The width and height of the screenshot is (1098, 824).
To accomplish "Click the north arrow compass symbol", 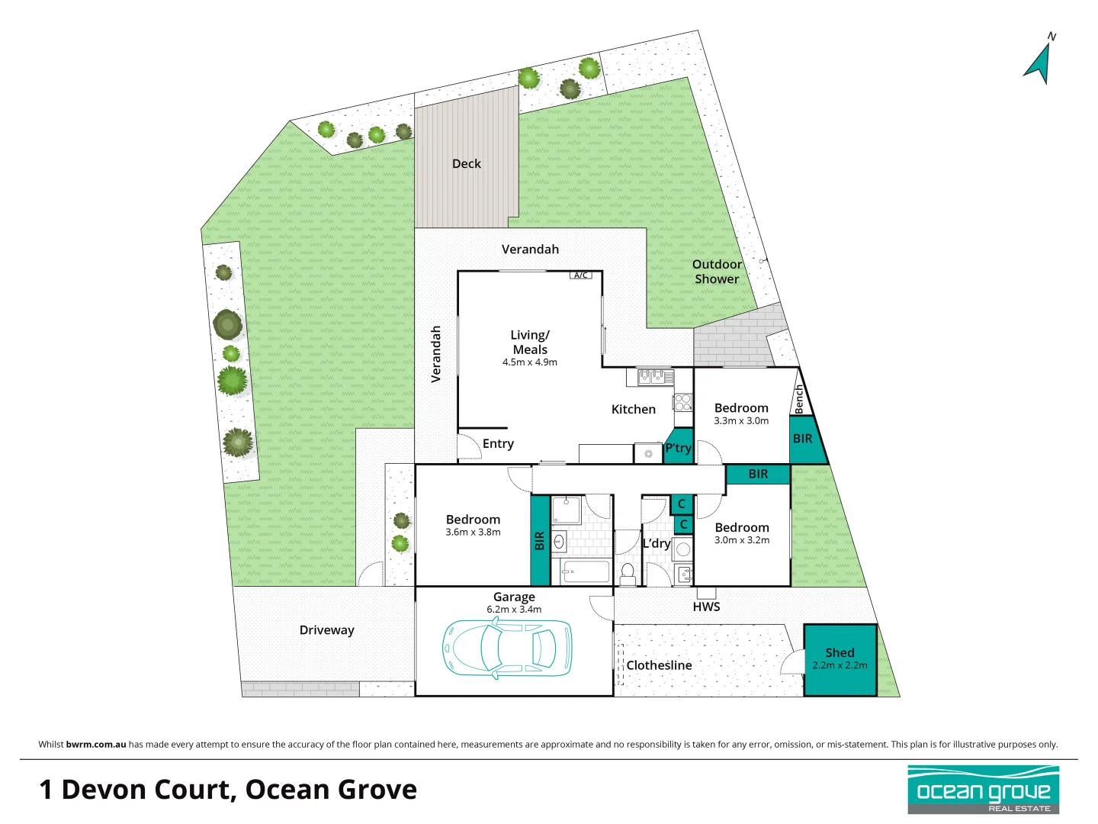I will [1039, 61].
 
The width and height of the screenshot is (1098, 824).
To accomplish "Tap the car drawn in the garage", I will [507, 647].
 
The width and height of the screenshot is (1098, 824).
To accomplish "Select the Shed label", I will [840, 652].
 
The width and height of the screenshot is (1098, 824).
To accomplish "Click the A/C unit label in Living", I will [581, 275].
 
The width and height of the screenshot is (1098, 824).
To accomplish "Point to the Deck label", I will [467, 163].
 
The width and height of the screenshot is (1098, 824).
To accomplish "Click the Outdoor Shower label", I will [717, 272].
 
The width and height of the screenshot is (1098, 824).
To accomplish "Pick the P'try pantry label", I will [678, 448].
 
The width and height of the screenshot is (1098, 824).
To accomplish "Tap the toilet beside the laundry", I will [628, 573].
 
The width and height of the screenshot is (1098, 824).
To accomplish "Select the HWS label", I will [706, 607].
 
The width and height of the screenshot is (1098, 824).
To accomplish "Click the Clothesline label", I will [659, 665].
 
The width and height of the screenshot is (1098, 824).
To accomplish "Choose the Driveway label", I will [326, 630].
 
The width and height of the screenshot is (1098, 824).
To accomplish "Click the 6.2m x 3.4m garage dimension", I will [514, 610].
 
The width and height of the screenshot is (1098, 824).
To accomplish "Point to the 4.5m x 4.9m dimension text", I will [529, 362].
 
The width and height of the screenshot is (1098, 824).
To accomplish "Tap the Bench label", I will [799, 399].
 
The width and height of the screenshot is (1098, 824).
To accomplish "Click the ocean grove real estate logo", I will [983, 790].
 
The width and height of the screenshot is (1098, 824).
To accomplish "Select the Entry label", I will [498, 444].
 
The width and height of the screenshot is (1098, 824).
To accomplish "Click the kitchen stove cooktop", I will [682, 402].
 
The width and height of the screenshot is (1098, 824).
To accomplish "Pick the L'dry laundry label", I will [656, 543].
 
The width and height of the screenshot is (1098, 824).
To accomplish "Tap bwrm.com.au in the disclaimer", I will [96, 745].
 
